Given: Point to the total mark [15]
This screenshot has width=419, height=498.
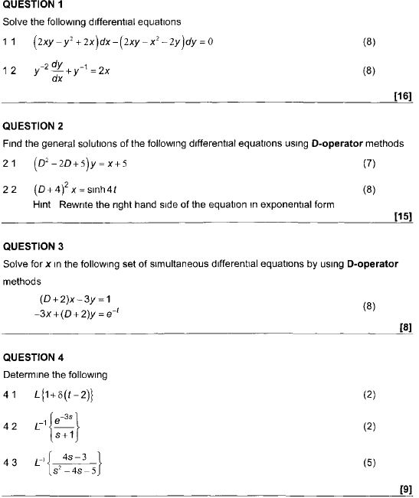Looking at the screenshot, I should [x=402, y=216].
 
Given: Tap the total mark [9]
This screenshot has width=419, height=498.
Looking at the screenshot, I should [x=406, y=489].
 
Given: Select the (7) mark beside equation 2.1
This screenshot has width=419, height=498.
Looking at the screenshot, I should [x=369, y=163].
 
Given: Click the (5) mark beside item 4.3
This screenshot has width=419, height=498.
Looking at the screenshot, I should [x=369, y=462].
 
